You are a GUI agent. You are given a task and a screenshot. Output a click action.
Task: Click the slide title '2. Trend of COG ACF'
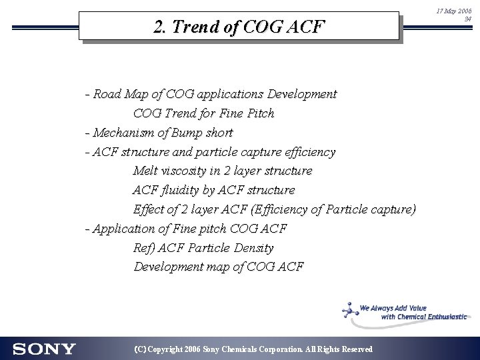click(x=239, y=27)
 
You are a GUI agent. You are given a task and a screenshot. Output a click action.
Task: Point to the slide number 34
click(x=467, y=19)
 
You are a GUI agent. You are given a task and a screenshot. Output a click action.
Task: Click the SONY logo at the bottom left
click(x=44, y=349)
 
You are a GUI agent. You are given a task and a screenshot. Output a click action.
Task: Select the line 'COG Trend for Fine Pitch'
click(x=203, y=113)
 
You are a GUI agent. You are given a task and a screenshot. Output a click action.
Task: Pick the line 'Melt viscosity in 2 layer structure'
click(x=223, y=171)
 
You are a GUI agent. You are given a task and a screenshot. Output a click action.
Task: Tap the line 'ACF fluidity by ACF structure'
click(x=213, y=190)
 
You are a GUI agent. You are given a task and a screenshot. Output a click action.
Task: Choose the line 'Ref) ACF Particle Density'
click(x=203, y=248)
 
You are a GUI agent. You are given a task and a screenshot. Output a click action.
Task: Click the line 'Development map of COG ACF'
click(x=219, y=267)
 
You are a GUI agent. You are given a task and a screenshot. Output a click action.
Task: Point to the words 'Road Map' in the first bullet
click(x=118, y=94)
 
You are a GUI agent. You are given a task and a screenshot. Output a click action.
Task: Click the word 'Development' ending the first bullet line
click(x=303, y=94)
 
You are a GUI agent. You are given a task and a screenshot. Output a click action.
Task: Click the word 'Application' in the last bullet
click(x=123, y=229)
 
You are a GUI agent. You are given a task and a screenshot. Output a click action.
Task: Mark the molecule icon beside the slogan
click(x=348, y=310)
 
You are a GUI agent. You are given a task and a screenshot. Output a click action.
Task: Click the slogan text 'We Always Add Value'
click(x=393, y=309)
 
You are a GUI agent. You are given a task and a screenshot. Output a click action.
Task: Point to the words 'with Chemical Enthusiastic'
click(x=423, y=317)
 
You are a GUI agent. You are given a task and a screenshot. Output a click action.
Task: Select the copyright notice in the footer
click(x=253, y=349)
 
